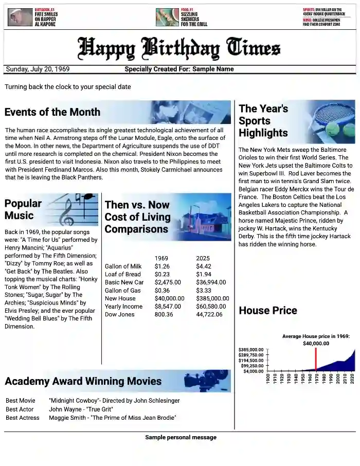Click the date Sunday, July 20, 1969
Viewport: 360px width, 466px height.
pyautogui.click(x=38, y=69)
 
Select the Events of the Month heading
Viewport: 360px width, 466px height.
pyautogui.click(x=52, y=112)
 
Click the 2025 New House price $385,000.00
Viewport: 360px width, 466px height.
pyautogui.click(x=212, y=298)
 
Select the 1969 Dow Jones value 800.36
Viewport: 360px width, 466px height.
pyautogui.click(x=164, y=314)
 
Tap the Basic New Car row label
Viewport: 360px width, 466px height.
pyautogui.click(x=124, y=282)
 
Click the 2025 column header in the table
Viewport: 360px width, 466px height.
pyautogui.click(x=203, y=258)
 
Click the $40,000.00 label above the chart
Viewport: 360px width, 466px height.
pyautogui.click(x=316, y=344)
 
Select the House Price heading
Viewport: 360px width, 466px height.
pyautogui.click(x=268, y=310)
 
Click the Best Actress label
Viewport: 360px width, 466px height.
pyautogui.click(x=23, y=418)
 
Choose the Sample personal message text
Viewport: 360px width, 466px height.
pyautogui.click(x=181, y=437)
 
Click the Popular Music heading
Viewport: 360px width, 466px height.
pyautogui.click(x=23, y=209)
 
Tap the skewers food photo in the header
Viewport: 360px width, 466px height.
pyautogui.click(x=167, y=17)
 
